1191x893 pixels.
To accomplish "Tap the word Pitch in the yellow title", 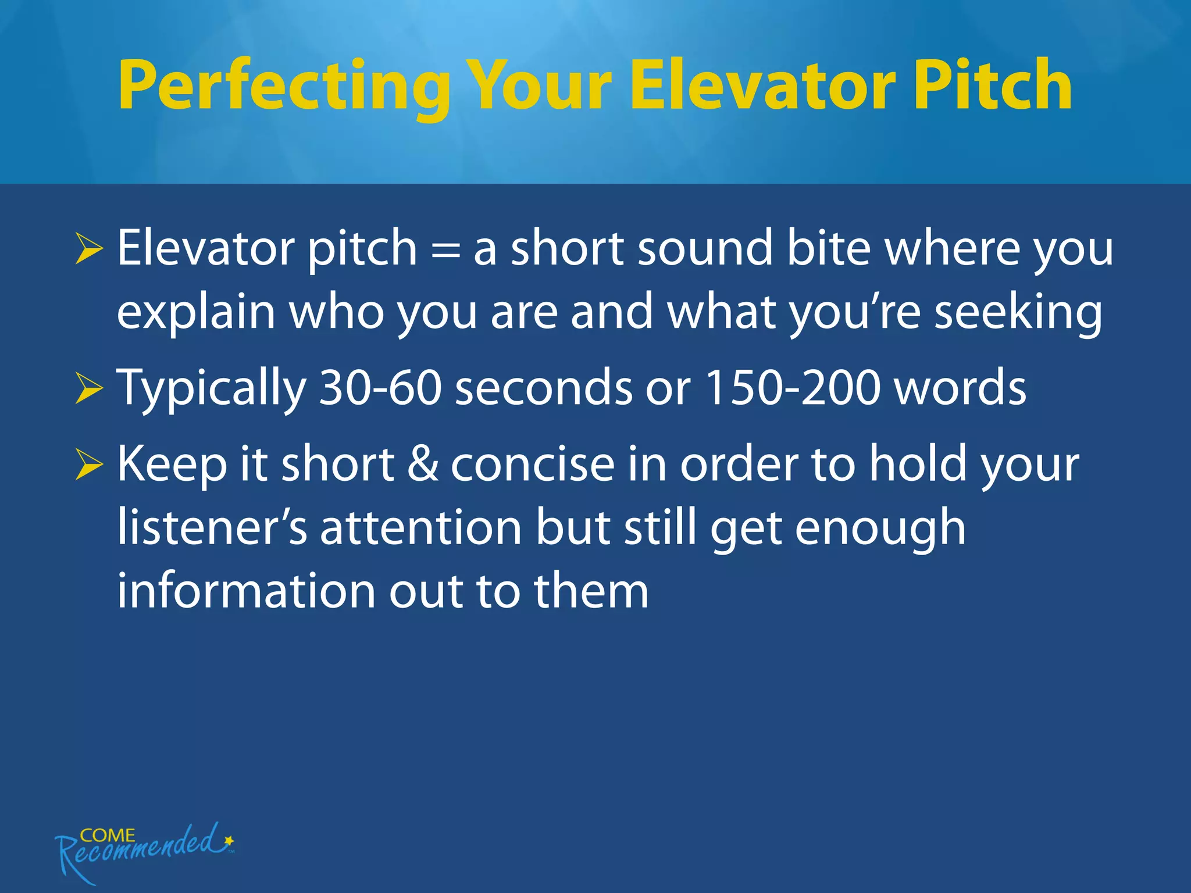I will pyautogui.click(x=992, y=86).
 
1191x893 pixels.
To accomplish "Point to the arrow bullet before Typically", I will pyautogui.click(x=89, y=388).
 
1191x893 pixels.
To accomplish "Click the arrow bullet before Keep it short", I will pyautogui.click(x=89, y=465).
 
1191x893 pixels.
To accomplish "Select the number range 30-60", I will pyautogui.click(x=381, y=388).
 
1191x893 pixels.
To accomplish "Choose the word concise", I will pyautogui.click(x=533, y=465).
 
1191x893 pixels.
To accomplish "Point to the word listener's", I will pyautogui.click(x=212, y=528).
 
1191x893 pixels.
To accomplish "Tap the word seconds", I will pyautogui.click(x=543, y=388).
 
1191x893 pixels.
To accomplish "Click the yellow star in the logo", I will pyautogui.click(x=229, y=840).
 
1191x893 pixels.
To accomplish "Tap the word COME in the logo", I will pyautogui.click(x=108, y=835).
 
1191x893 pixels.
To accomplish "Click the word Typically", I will pyautogui.click(x=212, y=388).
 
